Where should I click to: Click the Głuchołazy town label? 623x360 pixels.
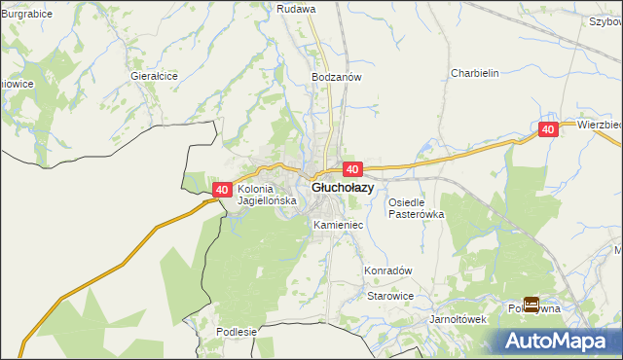coord(342,188)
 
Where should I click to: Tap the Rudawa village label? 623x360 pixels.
coord(296,9)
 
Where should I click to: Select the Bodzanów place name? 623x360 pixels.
coord(337,76)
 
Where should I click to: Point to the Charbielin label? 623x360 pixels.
coord(475,73)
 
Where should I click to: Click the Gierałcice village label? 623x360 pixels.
coord(154,75)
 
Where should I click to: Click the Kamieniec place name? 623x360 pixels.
coord(339,225)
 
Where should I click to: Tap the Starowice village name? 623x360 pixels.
coord(390,296)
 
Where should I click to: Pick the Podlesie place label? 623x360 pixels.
coord(237,331)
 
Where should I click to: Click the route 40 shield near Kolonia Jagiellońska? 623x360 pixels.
coord(222,190)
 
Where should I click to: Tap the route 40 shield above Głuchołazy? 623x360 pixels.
coord(352,169)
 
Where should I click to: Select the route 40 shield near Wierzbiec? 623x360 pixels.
coord(548,129)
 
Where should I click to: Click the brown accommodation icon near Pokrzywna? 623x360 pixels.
coord(531,305)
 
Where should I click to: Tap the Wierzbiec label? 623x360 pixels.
coord(599,125)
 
